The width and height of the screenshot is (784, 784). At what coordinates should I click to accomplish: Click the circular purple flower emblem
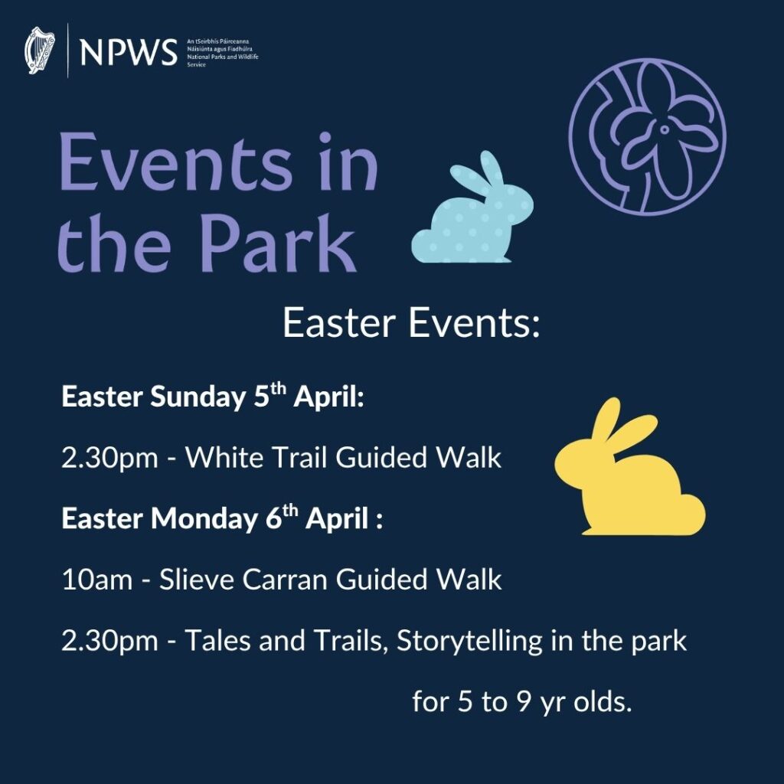pos(647,139)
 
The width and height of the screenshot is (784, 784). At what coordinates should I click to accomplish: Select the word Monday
pos(203,519)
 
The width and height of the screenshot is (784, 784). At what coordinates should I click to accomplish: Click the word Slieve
pos(196,580)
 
